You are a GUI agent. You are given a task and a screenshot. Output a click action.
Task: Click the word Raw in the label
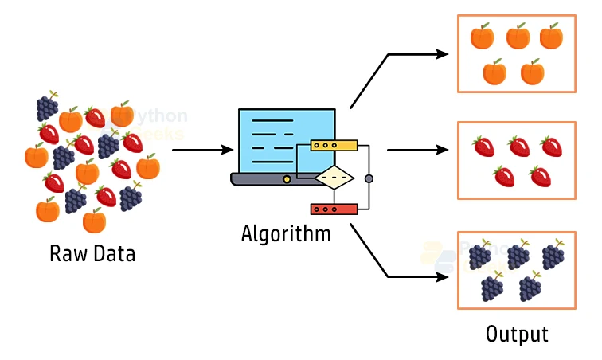(x=66, y=255)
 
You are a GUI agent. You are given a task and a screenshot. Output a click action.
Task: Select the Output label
(x=517, y=334)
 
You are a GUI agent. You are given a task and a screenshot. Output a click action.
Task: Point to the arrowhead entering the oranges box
(x=443, y=54)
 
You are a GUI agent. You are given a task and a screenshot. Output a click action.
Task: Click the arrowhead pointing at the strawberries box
(x=443, y=149)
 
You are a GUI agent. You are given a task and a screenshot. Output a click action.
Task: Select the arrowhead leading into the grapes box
(x=443, y=277)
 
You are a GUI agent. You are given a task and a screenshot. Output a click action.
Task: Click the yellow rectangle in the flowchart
(x=334, y=146)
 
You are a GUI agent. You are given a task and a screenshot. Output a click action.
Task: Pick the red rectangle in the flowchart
(x=334, y=209)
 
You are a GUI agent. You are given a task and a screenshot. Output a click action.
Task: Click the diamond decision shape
(x=334, y=177)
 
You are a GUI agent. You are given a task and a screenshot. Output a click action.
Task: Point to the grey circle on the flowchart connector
(x=368, y=177)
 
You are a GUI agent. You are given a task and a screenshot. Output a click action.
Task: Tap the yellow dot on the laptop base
(x=287, y=179)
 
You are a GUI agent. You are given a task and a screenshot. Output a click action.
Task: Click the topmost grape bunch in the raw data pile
(x=47, y=106)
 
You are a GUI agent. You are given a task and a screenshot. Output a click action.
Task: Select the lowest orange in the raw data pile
(x=94, y=221)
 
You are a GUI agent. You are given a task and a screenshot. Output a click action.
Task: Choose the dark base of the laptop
(x=263, y=180)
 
